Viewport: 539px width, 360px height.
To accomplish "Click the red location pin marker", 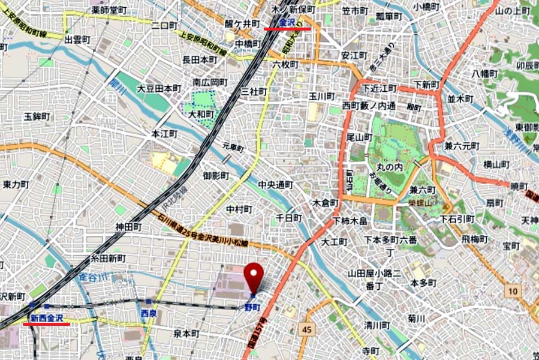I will [256, 277].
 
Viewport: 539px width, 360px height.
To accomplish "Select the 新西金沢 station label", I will [47, 317].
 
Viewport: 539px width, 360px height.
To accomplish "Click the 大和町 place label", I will [201, 113].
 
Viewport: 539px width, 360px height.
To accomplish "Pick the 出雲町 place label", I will [77, 40].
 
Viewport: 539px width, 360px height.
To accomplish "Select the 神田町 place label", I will [128, 227].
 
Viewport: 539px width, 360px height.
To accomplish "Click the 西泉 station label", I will [149, 314].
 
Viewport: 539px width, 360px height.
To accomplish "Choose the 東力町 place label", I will [16, 184].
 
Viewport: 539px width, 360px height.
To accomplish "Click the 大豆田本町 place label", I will [159, 88].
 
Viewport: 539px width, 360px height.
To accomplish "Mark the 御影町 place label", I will [216, 176].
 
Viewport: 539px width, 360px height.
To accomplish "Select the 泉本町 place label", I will [186, 333].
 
